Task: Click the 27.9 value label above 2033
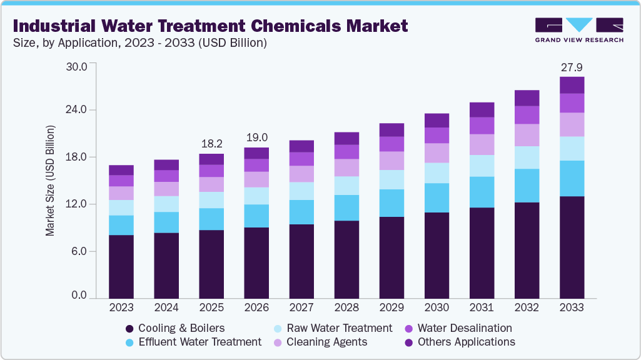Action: (572, 67)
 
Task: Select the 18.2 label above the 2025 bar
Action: (211, 144)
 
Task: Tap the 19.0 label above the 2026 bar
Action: (256, 137)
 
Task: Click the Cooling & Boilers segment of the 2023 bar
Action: (121, 266)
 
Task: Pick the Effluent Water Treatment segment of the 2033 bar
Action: (572, 179)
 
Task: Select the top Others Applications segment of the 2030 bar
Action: (437, 121)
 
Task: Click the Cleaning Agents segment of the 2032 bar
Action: (527, 135)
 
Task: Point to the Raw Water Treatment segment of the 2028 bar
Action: (346, 186)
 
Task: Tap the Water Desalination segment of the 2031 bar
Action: (482, 126)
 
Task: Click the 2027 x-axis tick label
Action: (301, 308)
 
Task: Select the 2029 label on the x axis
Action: (391, 308)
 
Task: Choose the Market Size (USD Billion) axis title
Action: (50, 181)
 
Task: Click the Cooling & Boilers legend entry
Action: (174, 328)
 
